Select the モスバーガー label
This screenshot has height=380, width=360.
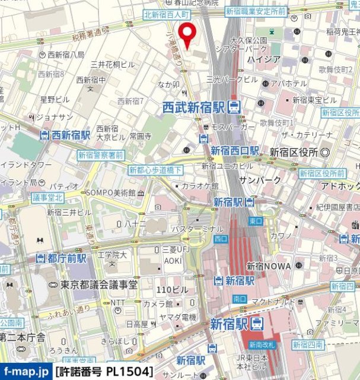(x=230, y=127)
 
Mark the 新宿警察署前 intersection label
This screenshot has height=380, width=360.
(x=100, y=155)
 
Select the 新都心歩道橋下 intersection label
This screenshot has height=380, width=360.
(x=156, y=170)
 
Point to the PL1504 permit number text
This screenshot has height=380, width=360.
(x=128, y=372)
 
